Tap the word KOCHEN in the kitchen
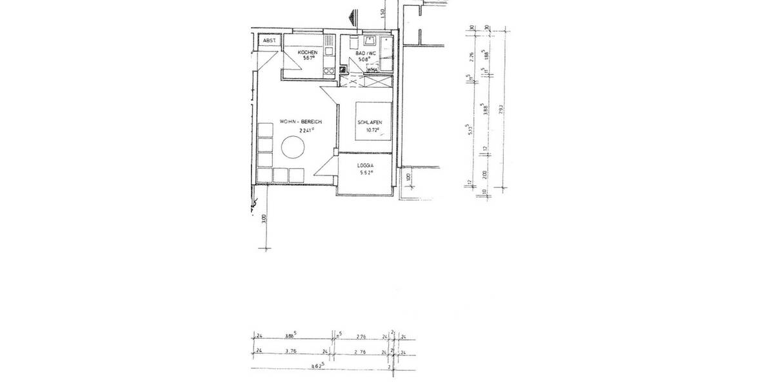click(x=307, y=52)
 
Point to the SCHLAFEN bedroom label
click(x=371, y=123)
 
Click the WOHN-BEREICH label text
click(x=300, y=122)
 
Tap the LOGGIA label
click(x=366, y=166)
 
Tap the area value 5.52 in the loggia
click(x=366, y=173)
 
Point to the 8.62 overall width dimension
click(x=317, y=365)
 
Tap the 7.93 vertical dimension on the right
click(x=501, y=110)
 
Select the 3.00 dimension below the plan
click(x=264, y=219)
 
